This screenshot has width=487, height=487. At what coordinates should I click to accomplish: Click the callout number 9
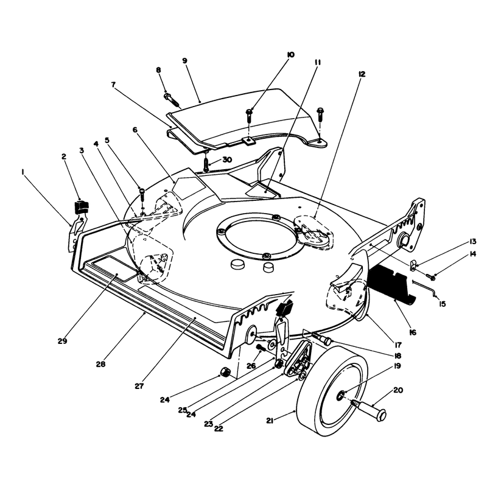tap(185, 60)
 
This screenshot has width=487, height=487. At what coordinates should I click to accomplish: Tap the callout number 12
tap(362, 74)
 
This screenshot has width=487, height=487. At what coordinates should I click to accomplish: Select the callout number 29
tap(62, 341)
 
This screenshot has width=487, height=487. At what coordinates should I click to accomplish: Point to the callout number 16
tap(413, 332)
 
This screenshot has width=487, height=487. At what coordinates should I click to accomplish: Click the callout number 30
tap(227, 159)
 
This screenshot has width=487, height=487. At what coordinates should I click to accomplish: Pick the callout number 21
tap(270, 421)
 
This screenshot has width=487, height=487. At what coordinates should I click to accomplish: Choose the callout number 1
tap(23, 172)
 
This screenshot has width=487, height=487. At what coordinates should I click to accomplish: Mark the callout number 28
tap(100, 364)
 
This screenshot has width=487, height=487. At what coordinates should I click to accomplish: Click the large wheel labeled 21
tap(332, 391)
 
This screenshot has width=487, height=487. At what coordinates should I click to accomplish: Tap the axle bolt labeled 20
tap(369, 408)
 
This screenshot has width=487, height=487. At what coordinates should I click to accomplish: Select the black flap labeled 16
tap(391, 282)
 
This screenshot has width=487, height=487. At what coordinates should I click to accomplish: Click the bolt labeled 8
tap(171, 99)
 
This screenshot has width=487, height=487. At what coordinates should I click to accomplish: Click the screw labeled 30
tap(206, 164)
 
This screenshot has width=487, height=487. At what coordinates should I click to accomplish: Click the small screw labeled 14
tap(431, 276)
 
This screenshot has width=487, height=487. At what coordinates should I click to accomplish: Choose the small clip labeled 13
tap(414, 265)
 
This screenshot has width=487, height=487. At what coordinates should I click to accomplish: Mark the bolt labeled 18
tap(323, 338)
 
